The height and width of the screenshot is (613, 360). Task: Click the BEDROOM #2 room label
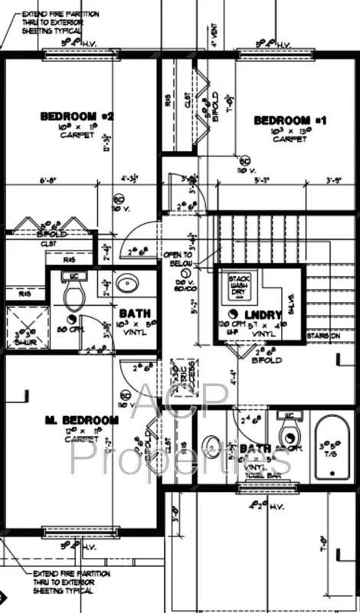[77, 116]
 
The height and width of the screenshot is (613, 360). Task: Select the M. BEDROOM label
[81, 420]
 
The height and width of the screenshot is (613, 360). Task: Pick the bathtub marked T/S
[333, 444]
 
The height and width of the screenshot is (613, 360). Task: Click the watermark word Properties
[181, 457]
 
